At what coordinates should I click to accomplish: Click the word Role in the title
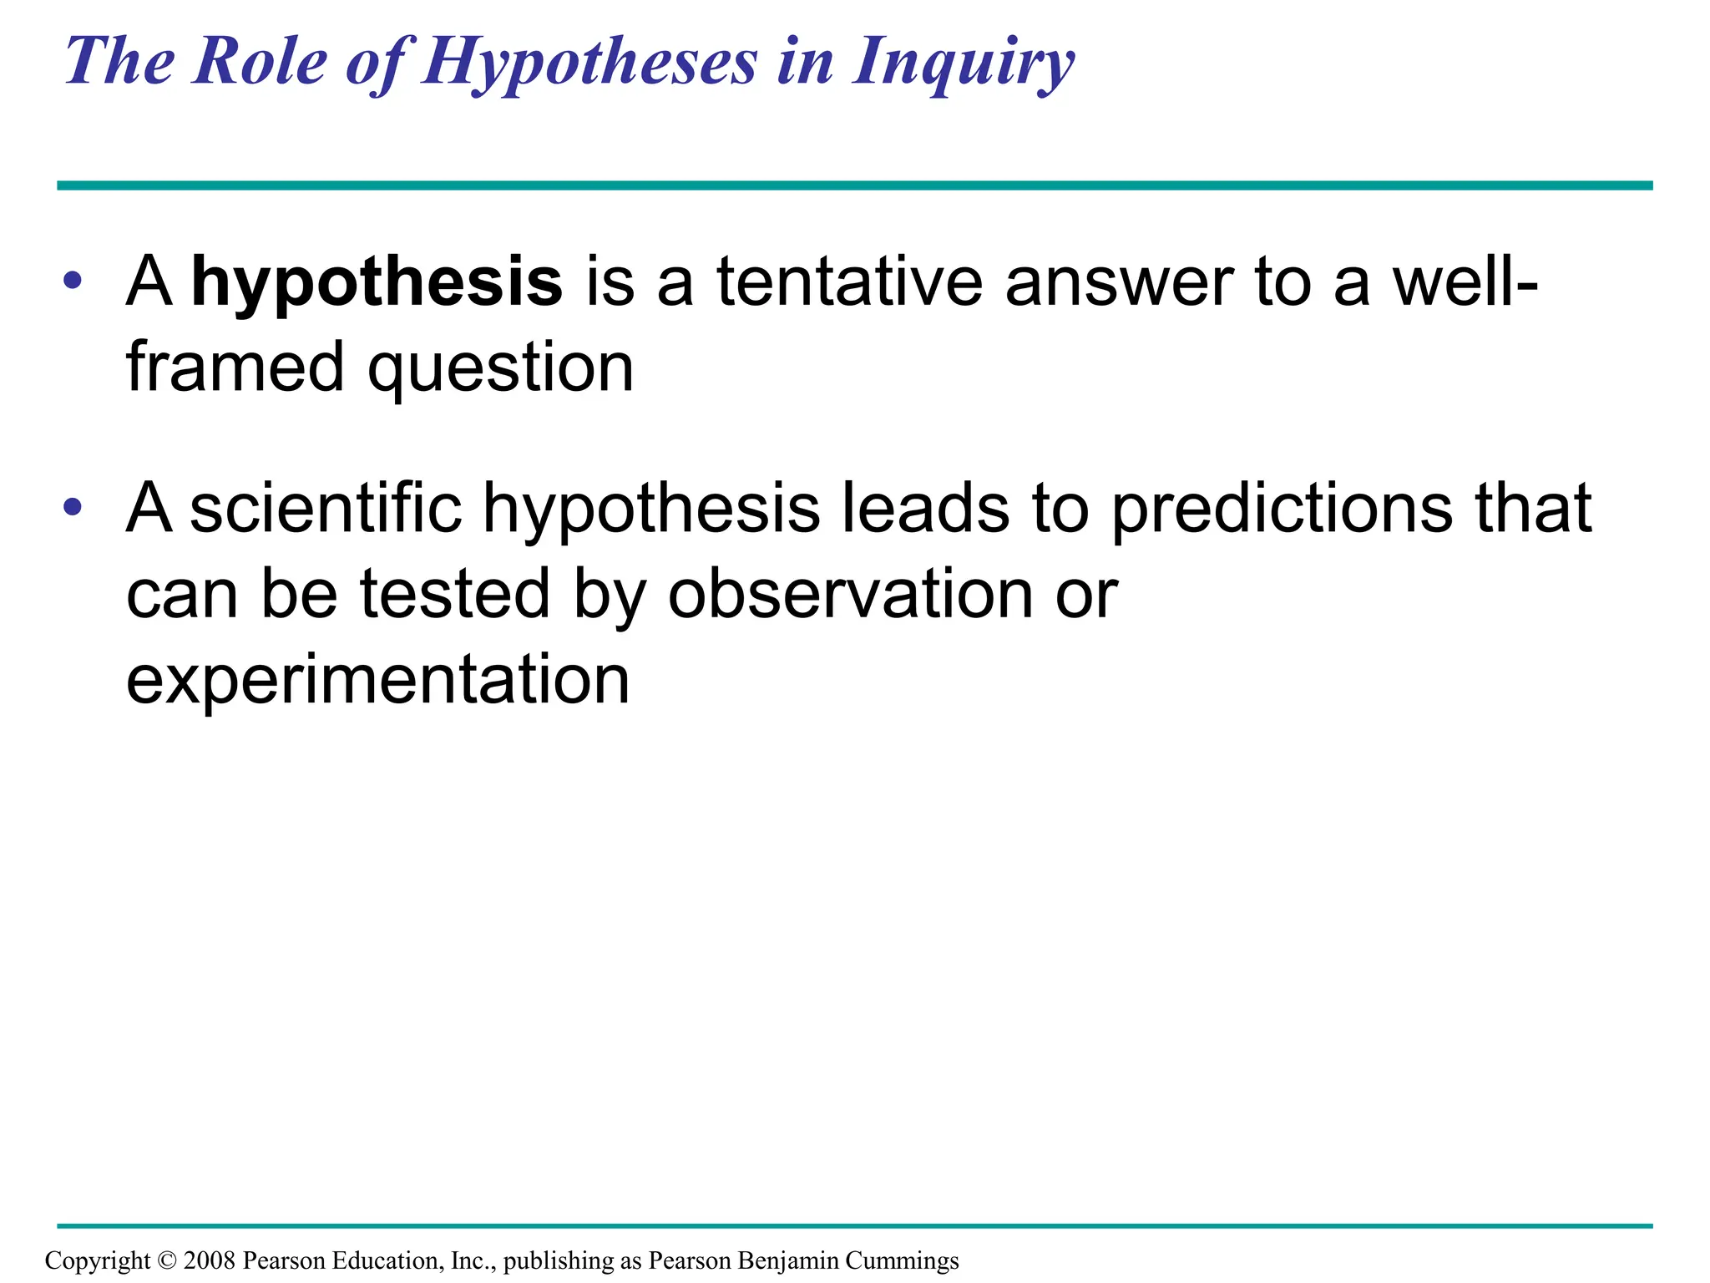[x=260, y=62]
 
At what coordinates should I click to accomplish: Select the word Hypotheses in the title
[x=589, y=63]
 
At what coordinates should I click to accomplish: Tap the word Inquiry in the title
[x=963, y=63]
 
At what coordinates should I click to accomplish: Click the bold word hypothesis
[x=377, y=282]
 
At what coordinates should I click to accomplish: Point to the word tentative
[x=850, y=281]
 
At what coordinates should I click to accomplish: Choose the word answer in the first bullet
[x=1119, y=282]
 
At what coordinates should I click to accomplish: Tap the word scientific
[x=326, y=508]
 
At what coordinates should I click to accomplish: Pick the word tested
[x=455, y=593]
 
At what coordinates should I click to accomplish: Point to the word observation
[x=851, y=593]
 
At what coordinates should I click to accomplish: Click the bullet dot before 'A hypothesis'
[x=73, y=281]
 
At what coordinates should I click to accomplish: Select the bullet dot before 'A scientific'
[x=73, y=506]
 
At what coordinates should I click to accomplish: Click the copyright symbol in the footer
[x=167, y=1260]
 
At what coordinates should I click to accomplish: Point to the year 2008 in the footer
[x=209, y=1260]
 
